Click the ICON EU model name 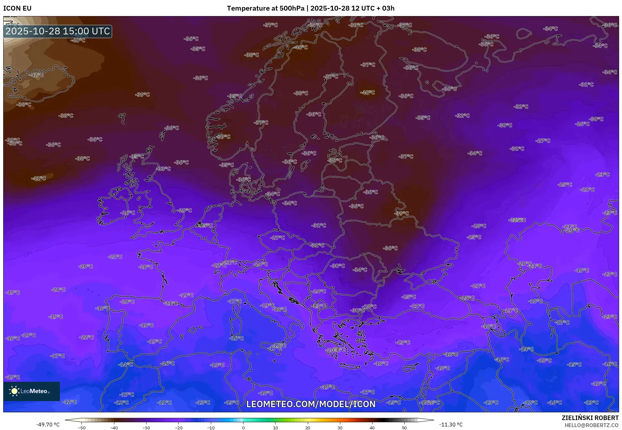point(17,8)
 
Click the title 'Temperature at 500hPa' point(265,8)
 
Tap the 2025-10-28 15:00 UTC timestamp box point(58,31)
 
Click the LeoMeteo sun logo point(14,391)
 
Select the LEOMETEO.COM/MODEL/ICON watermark point(311,404)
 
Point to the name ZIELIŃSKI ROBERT point(590,418)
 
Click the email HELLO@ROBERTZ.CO point(591,425)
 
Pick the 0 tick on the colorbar point(243,427)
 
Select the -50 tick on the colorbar point(82,427)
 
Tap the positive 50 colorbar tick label point(404,427)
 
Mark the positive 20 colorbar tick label point(307,427)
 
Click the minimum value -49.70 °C point(48,425)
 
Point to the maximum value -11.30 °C point(451,425)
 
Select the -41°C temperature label point(39,178)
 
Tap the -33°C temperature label point(164,169)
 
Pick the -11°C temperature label point(165,402)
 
